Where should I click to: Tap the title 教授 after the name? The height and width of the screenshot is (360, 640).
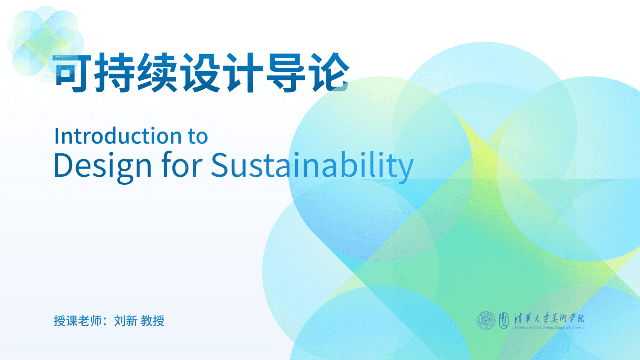coord(153,321)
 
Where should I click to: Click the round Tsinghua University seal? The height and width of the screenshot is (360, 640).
coord(485,320)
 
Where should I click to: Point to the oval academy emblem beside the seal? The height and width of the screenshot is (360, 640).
coord(503,320)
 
